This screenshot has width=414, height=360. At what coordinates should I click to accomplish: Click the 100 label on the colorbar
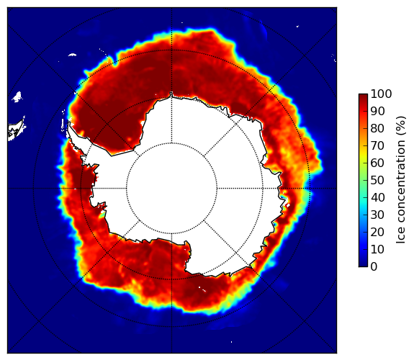pos(382,94)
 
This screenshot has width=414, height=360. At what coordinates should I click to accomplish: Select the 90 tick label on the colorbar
pos(378,111)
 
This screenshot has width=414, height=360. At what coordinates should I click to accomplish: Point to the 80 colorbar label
pos(378,128)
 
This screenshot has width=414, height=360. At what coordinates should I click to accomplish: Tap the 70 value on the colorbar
pos(378,145)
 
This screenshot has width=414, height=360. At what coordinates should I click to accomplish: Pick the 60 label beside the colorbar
pos(378,163)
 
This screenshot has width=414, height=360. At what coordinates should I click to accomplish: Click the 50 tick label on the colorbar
pos(378,180)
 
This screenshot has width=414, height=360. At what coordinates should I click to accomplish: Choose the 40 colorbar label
pos(378,197)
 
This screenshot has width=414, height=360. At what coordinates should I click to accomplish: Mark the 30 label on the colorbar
pos(378,215)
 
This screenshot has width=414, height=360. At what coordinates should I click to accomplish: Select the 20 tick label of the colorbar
pos(378,232)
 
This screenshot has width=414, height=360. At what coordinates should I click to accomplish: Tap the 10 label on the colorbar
pos(378,249)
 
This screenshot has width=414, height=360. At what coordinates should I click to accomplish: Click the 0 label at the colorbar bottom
pos(374,266)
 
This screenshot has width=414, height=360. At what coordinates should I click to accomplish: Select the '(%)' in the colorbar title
pos(401,126)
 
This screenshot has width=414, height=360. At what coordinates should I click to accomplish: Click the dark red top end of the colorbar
pos(363,96)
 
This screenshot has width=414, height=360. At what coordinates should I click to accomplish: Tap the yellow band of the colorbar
pos(363,158)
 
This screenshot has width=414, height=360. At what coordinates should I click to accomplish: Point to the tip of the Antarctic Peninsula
pos(69,124)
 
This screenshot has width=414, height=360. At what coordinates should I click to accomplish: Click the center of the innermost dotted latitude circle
pos(171,189)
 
